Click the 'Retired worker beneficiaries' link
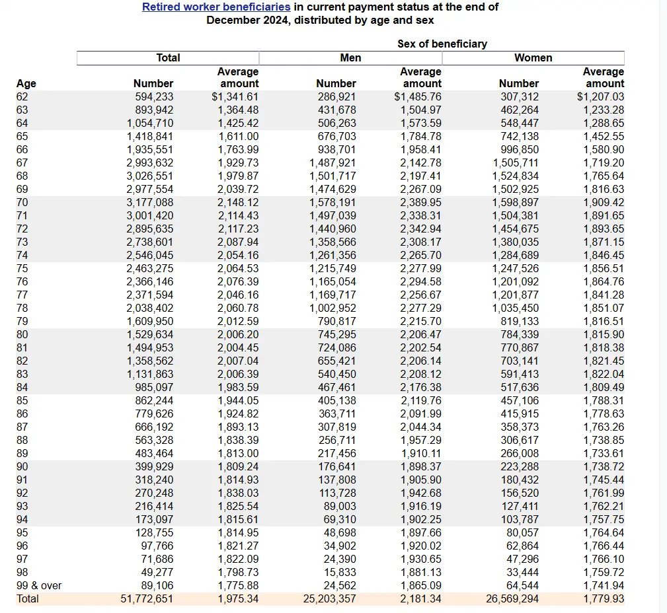click(x=216, y=7)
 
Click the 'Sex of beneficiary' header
click(x=442, y=44)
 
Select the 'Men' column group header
click(x=350, y=58)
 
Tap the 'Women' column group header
click(x=533, y=58)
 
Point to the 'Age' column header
click(x=26, y=84)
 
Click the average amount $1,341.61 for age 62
click(x=231, y=96)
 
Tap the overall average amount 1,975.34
click(x=238, y=598)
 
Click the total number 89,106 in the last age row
click(x=156, y=585)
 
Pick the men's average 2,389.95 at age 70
click(x=420, y=202)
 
